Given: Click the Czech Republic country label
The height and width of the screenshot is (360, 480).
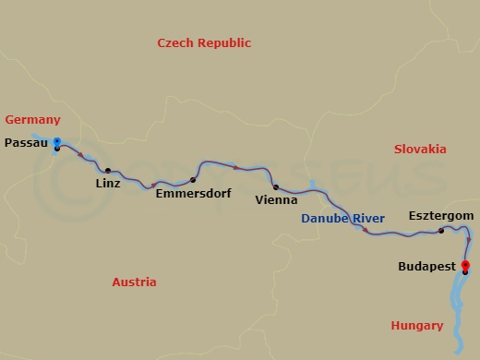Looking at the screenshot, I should [204, 43].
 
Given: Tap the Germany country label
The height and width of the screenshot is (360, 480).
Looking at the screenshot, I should [32, 120].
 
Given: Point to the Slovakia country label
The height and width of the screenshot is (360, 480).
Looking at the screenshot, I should [420, 149].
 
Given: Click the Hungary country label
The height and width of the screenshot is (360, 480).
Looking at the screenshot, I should [416, 325].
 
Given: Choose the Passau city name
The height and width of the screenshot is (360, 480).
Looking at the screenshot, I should [27, 143].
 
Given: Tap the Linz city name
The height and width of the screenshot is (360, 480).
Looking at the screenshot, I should [108, 184].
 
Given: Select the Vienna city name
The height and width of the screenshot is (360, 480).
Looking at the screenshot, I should [277, 199].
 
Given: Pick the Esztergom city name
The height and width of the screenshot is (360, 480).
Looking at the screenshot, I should [441, 215].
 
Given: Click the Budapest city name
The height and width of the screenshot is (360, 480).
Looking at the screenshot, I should [426, 266].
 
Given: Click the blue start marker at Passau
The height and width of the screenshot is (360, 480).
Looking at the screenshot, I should [57, 142].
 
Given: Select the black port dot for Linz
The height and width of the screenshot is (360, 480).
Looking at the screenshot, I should [108, 171].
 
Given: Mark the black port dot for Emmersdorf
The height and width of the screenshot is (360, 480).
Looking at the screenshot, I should [193, 180].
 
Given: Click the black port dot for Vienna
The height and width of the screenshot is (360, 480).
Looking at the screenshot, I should [276, 187].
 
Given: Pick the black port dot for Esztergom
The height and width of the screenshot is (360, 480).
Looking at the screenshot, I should [441, 230].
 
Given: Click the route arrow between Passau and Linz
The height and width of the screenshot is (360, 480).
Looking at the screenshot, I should [81, 154].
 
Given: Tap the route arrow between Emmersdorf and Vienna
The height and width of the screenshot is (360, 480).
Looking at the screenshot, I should [237, 167].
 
